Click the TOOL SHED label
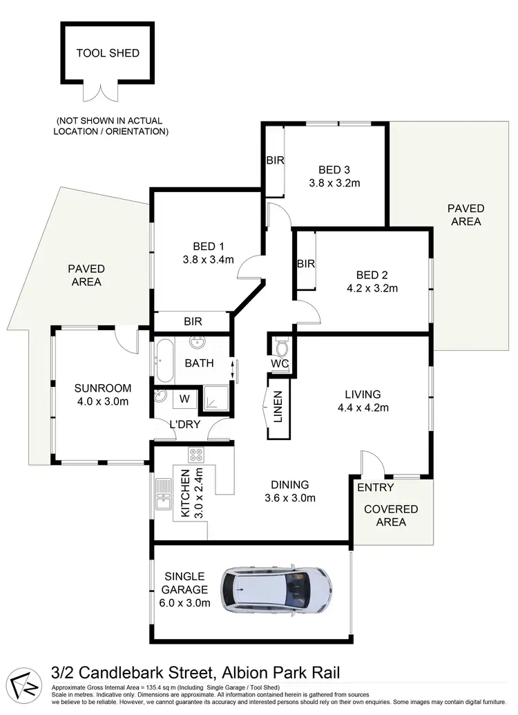point(108,53)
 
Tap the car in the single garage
point(275,591)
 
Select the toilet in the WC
point(282,345)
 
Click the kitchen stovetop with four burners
point(195,456)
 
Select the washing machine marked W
point(184,398)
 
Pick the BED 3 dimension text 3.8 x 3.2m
point(335,183)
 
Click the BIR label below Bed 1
point(193,321)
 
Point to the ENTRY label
point(376,488)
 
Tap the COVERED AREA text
point(391,515)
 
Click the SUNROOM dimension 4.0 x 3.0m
point(103,401)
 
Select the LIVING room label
point(363,394)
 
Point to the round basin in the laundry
point(162,398)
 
